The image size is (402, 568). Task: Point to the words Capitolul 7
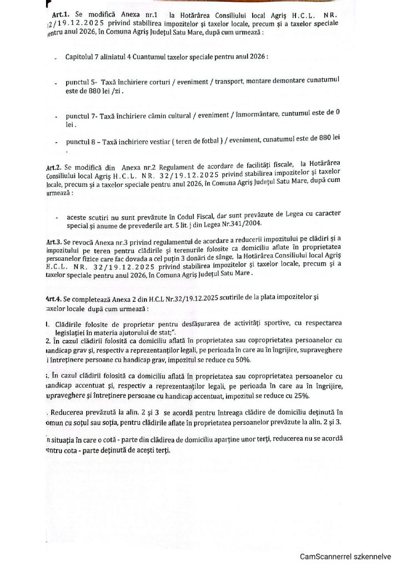(x=88, y=58)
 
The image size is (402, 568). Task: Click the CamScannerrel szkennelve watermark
(x=346, y=556)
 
